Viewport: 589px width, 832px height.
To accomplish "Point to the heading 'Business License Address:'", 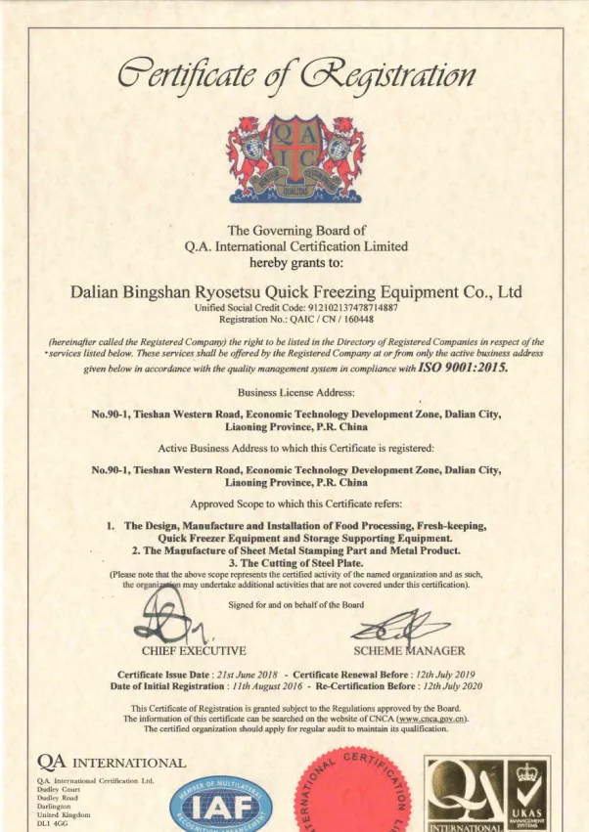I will click(294, 393).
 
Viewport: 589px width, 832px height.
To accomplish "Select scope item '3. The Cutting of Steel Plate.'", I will click(294, 562).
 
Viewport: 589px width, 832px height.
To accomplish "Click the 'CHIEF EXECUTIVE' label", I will click(194, 650).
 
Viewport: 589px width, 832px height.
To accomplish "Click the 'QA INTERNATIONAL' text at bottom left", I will click(110, 762).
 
